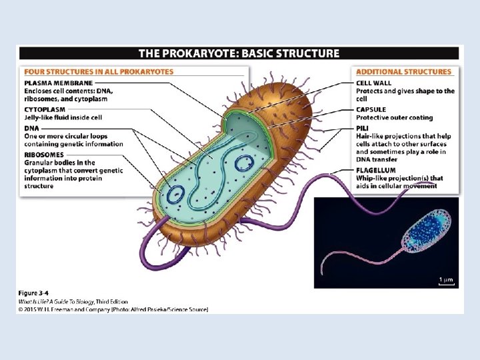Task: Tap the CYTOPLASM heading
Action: pos(45,109)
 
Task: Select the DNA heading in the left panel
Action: pos(31,127)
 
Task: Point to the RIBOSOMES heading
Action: pos(44,155)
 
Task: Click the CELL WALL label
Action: pos(373,83)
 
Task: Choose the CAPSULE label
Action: pos(371,109)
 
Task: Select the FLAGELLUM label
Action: pos(376,171)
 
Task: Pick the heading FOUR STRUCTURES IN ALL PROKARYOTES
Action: pos(99,72)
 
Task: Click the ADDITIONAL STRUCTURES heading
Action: pos(403,72)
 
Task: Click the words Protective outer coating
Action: pos(394,118)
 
